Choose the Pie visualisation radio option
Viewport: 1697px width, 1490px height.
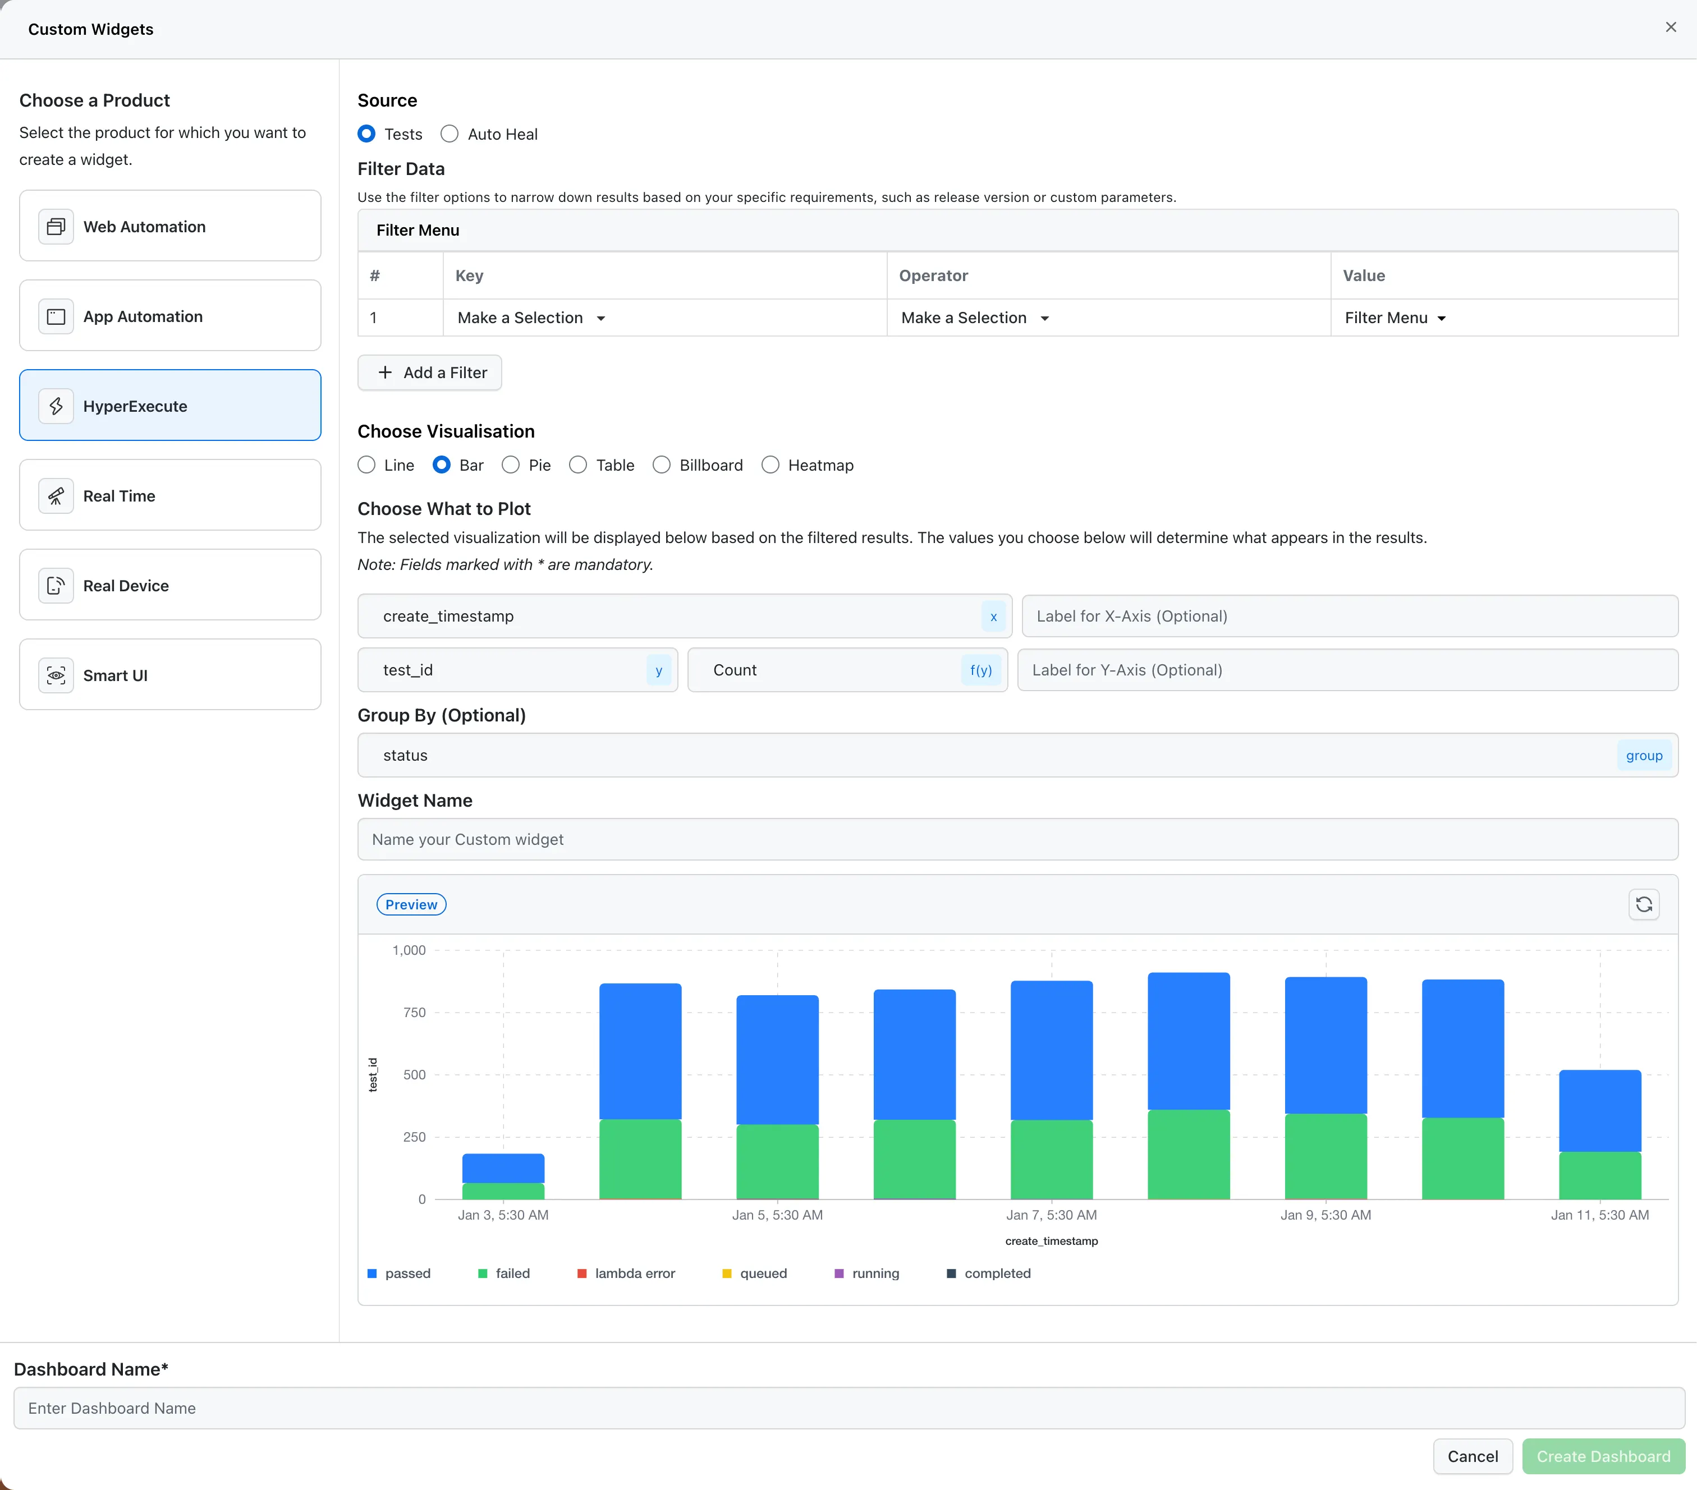tap(511, 465)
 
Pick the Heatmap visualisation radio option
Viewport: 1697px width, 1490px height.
tap(770, 465)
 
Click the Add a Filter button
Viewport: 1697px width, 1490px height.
tap(429, 372)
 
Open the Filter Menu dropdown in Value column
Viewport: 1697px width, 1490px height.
tap(1395, 318)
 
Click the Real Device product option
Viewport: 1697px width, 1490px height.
tap(170, 585)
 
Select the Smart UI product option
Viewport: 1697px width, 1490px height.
tap(170, 675)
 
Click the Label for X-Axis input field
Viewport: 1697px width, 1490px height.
tap(1349, 616)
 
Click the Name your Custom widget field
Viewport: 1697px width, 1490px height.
tap(1017, 839)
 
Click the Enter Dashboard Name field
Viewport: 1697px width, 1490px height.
tap(849, 1408)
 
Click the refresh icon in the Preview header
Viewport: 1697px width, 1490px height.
tap(1643, 904)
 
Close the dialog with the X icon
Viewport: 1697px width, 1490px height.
tap(1671, 27)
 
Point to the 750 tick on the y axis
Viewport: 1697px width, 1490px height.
tap(414, 1013)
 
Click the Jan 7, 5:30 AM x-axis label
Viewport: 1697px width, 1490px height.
tap(1051, 1215)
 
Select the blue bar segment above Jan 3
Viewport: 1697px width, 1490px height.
tap(503, 1168)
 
